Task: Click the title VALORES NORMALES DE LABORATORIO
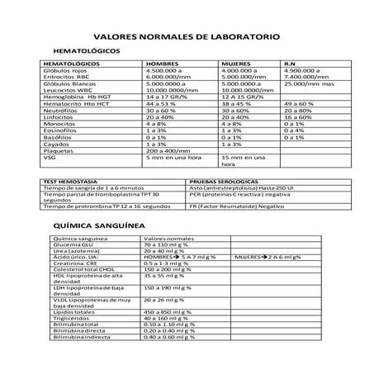click(x=187, y=38)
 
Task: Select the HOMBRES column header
click(x=162, y=64)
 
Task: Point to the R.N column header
click(x=290, y=64)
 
